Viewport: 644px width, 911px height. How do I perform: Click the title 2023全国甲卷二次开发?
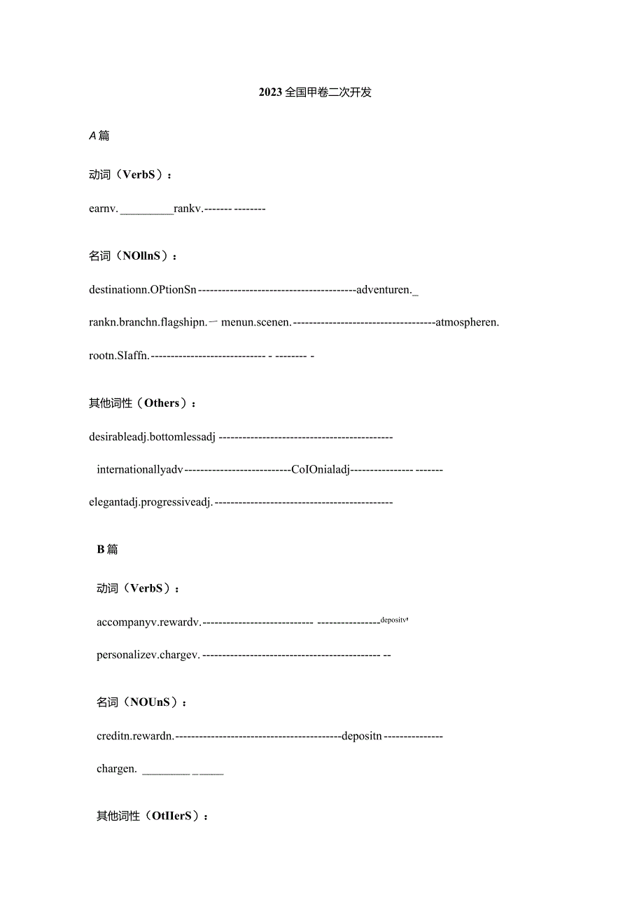315,92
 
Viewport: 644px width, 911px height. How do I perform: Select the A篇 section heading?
99,136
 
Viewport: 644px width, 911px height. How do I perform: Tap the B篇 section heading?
107,550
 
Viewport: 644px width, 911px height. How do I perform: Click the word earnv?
104,209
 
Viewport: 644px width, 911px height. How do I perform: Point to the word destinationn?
117,290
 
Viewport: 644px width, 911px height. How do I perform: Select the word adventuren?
384,290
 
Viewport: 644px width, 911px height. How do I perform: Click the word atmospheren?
467,323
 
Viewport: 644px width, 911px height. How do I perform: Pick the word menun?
238,323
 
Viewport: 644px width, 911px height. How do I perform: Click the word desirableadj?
118,438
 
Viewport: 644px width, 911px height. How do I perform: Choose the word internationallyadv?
140,470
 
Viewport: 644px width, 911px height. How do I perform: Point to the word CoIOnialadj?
320,470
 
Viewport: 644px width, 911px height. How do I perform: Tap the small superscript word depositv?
394,620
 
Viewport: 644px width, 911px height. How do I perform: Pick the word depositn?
362,736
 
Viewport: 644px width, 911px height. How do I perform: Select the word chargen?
116,769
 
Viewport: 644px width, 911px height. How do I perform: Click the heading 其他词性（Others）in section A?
142,403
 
